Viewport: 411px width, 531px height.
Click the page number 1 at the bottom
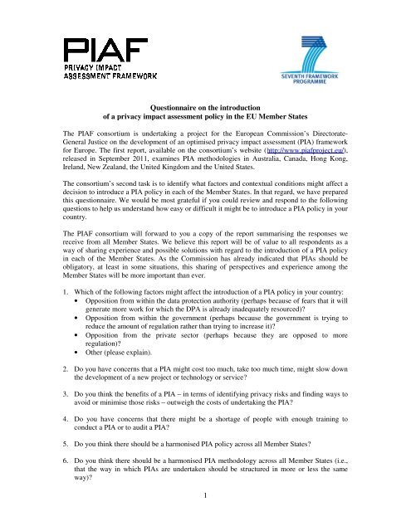coord(205,518)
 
